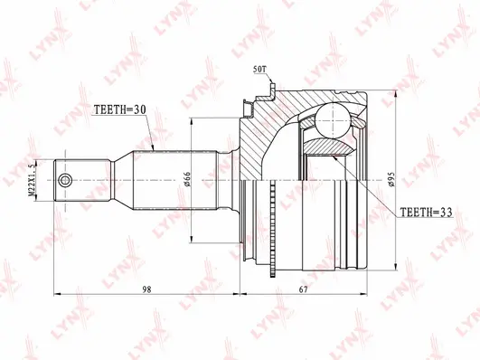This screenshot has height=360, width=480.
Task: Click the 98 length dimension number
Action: pos(146,287)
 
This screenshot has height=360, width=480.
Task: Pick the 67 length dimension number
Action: pos(304,287)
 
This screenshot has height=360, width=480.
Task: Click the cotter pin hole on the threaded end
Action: pos(65,181)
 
